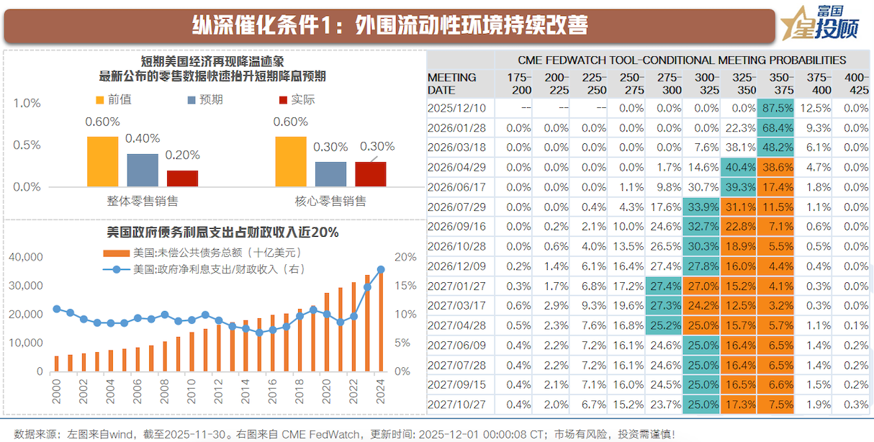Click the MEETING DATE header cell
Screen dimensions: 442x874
[x=452, y=84]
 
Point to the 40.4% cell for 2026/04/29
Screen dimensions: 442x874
[x=738, y=167]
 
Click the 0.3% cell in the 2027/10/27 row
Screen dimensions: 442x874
[x=855, y=404]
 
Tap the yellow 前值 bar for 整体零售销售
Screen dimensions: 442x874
[x=102, y=161]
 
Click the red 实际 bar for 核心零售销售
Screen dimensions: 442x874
[x=370, y=173]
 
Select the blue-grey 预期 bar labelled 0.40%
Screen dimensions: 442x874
[x=143, y=170]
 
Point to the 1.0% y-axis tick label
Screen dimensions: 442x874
[x=27, y=104]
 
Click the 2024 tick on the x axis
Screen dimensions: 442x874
[x=380, y=393]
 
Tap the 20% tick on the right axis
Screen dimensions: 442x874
[x=405, y=257]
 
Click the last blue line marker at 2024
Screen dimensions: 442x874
[x=381, y=270]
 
